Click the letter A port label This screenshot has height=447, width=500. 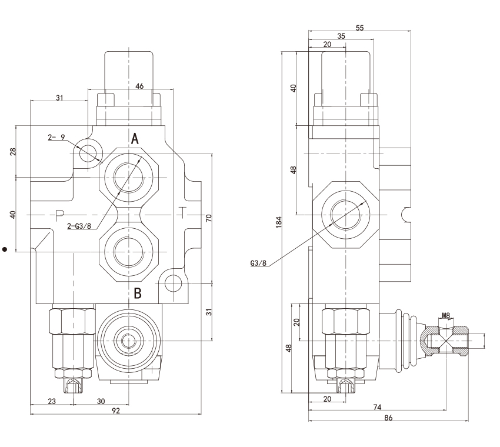pyautogui.click(x=135, y=139)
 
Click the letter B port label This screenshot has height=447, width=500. pyautogui.click(x=137, y=293)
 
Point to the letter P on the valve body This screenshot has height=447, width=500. pyautogui.click(x=59, y=214)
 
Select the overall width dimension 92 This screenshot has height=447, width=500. pyautogui.click(x=115, y=411)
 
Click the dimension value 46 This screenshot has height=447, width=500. pyautogui.click(x=139, y=86)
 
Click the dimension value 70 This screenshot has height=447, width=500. pyautogui.click(x=209, y=218)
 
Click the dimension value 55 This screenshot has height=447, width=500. pyautogui.click(x=361, y=27)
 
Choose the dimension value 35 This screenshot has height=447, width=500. pyautogui.click(x=341, y=36)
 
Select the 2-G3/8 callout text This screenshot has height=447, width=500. pyautogui.click(x=79, y=225)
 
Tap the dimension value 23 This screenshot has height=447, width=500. pyautogui.click(x=51, y=401)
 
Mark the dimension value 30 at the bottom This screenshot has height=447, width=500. pyautogui.click(x=101, y=401)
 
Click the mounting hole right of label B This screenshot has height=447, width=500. pyautogui.click(x=172, y=283)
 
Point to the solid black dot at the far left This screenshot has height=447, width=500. pyautogui.click(x=5, y=249)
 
